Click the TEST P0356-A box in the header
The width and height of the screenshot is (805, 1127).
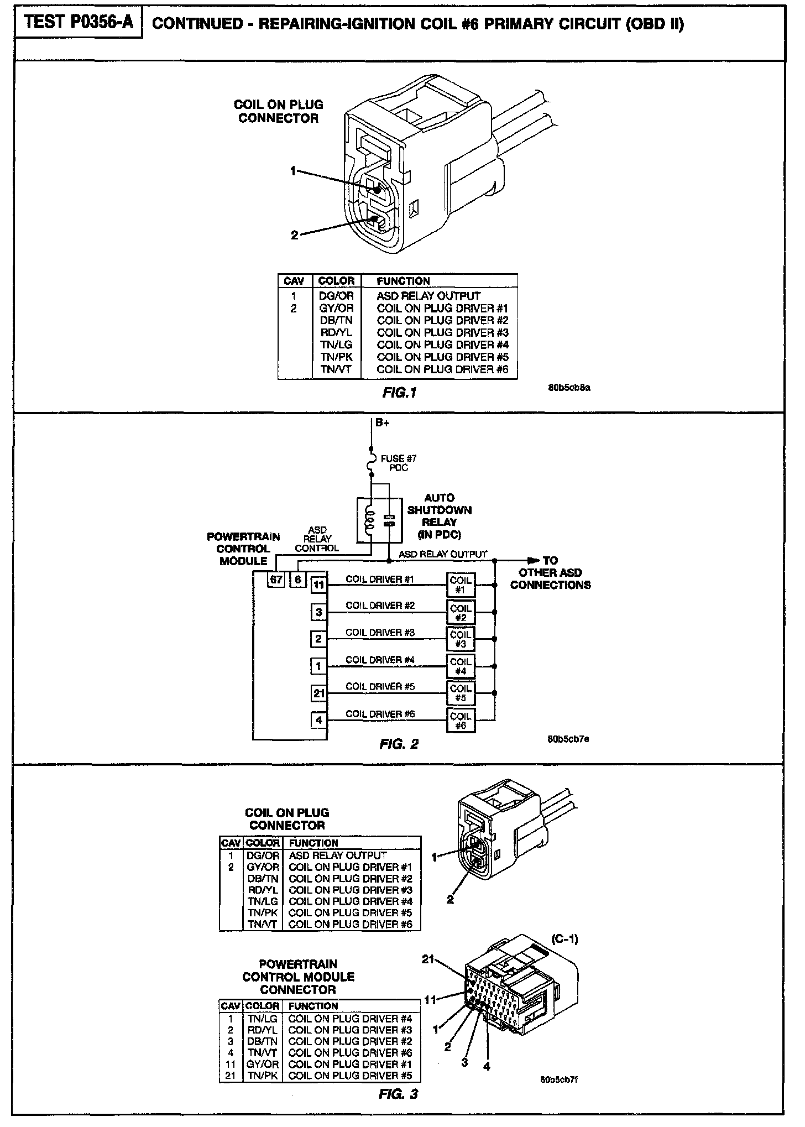79,23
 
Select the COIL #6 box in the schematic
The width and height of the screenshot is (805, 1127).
460,721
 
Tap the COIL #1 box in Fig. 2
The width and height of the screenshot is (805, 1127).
460,585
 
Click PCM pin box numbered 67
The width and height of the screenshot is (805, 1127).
276,580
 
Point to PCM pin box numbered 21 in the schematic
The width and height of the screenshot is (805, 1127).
318,693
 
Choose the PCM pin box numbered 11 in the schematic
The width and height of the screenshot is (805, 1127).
318,585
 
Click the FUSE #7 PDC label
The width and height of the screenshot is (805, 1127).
398,463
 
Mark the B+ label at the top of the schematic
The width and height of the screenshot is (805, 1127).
383,423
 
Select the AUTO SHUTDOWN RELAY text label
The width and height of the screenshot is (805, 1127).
439,516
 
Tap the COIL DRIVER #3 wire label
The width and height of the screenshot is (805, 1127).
380,632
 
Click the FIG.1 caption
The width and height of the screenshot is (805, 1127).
399,393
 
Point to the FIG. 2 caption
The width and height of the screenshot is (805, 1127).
399,744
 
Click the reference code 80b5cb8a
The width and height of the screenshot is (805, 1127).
569,388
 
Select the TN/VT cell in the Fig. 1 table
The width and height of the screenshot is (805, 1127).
336,369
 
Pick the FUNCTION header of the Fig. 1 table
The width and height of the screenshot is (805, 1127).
403,281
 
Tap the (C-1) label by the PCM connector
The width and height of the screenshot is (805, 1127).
564,938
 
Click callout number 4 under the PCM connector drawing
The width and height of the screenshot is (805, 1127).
487,1066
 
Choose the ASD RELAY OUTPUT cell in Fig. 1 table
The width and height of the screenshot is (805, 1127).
428,296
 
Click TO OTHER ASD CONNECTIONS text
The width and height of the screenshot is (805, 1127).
550,572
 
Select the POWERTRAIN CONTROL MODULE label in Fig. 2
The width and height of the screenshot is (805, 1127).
243,549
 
